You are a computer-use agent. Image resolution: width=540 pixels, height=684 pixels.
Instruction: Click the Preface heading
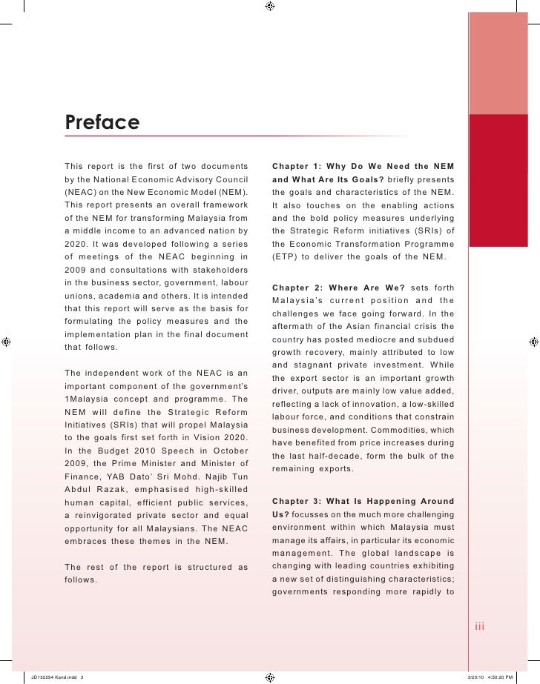pyautogui.click(x=102, y=120)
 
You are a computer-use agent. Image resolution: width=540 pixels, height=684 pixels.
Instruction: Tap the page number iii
pyautogui.click(x=479, y=628)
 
